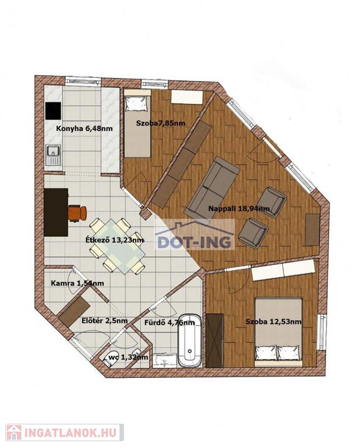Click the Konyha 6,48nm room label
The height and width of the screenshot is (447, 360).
(84, 129)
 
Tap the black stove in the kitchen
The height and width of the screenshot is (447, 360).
(54, 111)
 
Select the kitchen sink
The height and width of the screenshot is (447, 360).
(53, 155)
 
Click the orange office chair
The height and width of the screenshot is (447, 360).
(77, 213)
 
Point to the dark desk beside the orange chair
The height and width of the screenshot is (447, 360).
(56, 212)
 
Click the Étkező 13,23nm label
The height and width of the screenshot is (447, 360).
(115, 240)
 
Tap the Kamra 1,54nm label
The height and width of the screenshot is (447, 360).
(77, 283)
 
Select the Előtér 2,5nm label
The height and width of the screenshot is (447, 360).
(104, 321)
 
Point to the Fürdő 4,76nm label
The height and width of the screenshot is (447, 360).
(170, 322)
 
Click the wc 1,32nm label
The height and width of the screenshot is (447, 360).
(128, 357)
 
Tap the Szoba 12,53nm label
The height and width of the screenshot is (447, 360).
(274, 321)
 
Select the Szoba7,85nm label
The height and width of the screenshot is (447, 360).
(161, 123)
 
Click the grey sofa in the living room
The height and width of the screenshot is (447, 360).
(212, 190)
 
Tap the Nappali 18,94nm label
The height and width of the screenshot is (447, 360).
(239, 208)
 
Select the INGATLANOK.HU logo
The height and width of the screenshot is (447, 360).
(65, 432)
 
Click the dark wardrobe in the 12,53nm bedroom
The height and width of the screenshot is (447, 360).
(214, 340)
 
